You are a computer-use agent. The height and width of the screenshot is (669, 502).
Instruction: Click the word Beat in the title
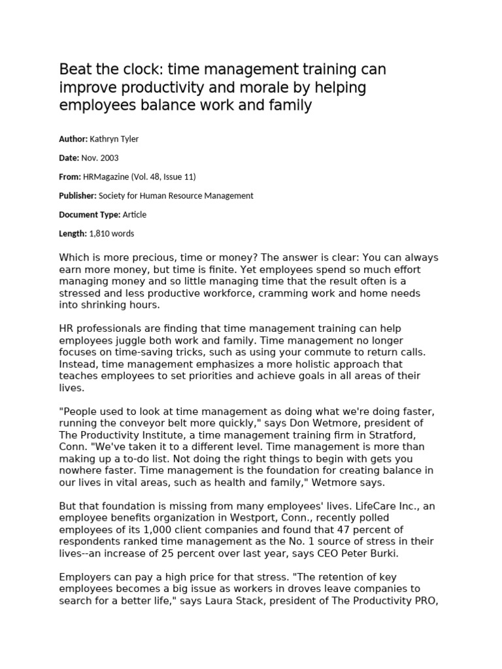(x=75, y=69)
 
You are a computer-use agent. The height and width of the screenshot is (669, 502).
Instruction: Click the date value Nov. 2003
(x=99, y=157)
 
